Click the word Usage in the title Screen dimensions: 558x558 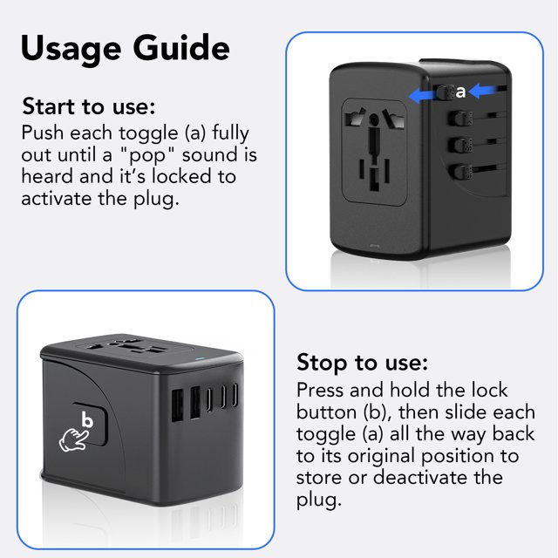(x=71, y=49)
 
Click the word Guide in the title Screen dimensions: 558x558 (x=181, y=47)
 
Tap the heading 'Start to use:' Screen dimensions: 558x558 (x=89, y=106)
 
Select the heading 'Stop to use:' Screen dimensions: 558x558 (x=362, y=363)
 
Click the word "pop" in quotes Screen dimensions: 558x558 (x=147, y=154)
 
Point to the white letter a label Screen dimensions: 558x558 (x=460, y=92)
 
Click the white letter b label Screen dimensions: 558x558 (x=87, y=419)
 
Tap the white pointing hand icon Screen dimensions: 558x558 (x=73, y=439)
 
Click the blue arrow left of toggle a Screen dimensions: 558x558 (x=422, y=95)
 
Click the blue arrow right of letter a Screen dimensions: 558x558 (x=482, y=91)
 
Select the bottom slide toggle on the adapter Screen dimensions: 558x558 (x=462, y=171)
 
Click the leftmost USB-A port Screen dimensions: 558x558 (x=178, y=405)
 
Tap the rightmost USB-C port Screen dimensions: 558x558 (x=235, y=395)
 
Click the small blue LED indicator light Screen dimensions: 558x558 (x=201, y=358)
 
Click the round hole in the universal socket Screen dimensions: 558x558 (x=374, y=119)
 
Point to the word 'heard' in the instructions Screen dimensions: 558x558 (x=47, y=176)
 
